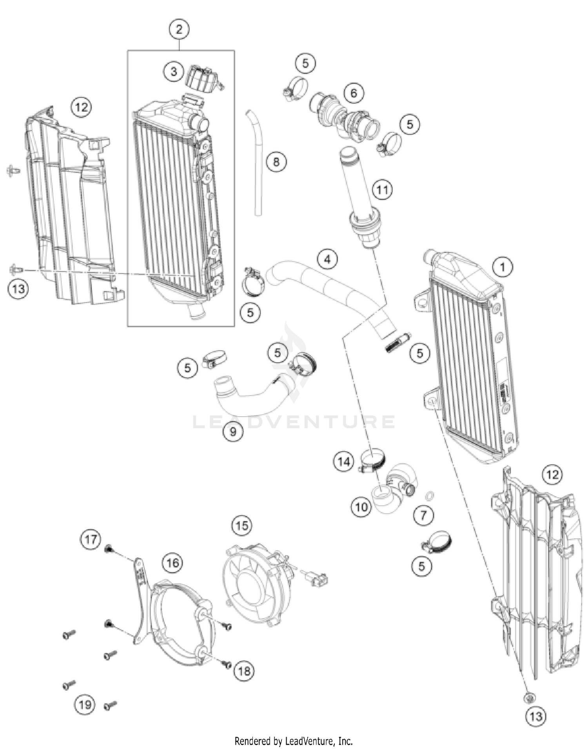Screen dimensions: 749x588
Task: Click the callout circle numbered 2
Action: tap(179, 29)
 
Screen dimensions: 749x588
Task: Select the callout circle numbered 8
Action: tap(276, 161)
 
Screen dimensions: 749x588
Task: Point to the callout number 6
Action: tap(354, 93)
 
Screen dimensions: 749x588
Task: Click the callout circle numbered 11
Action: tap(382, 190)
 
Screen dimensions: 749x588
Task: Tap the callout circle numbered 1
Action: tap(502, 267)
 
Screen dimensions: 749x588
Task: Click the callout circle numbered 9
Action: tap(233, 432)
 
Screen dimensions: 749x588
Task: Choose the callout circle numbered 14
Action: tap(344, 461)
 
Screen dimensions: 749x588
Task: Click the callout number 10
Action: tap(361, 507)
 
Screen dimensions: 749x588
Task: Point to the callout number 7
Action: tap(423, 515)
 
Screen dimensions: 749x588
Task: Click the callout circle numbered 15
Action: tap(242, 525)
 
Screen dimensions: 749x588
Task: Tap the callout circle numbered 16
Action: tap(172, 563)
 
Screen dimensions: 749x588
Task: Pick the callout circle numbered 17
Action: tap(91, 539)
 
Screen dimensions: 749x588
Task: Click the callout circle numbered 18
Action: tap(244, 671)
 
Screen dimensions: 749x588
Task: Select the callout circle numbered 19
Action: tap(85, 705)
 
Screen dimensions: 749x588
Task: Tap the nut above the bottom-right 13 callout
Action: tap(529, 697)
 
